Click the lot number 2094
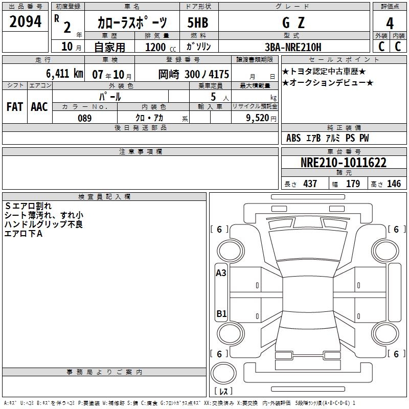pyautogui.click(x=25, y=21)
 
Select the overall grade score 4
pyautogui.click(x=390, y=23)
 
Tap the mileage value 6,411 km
pyautogui.click(x=64, y=73)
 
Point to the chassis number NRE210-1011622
pyautogui.click(x=344, y=162)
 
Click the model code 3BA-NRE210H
pyautogui.click(x=293, y=47)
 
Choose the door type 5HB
pyautogui.click(x=198, y=22)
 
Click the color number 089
pyautogui.click(x=84, y=118)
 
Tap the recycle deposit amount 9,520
pyautogui.click(x=258, y=118)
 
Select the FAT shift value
pyautogui.click(x=15, y=107)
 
